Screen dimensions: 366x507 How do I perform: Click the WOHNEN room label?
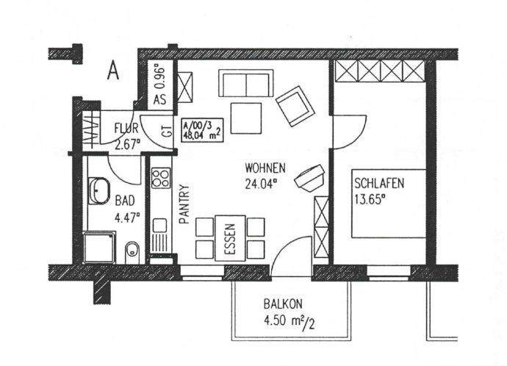(x=266, y=168)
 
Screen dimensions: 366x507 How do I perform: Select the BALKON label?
(x=283, y=304)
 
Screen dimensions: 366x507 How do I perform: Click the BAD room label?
(x=125, y=199)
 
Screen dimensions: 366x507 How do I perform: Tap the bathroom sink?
(x=98, y=193)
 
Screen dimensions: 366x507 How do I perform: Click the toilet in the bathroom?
(x=132, y=251)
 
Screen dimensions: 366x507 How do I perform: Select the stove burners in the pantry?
(x=160, y=179)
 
